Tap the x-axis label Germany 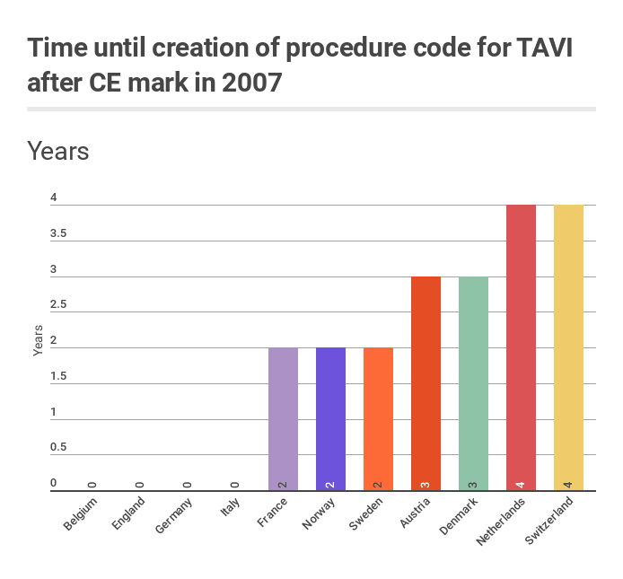click(x=174, y=513)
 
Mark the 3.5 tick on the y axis click(x=58, y=233)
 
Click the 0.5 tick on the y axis click(x=58, y=448)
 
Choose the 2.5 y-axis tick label click(x=58, y=305)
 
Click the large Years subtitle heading click(x=58, y=150)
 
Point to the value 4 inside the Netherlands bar click(x=521, y=484)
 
